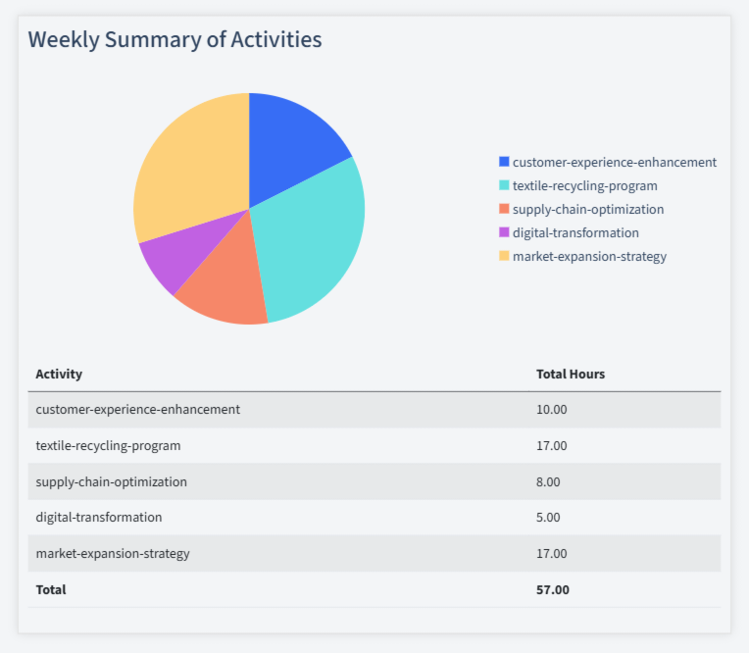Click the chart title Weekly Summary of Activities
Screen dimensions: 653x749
coord(175,40)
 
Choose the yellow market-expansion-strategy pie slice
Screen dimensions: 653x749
coord(186,167)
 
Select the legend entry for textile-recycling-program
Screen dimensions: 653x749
coord(584,186)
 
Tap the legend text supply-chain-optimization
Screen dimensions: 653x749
coord(587,210)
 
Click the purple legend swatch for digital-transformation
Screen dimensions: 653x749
coord(504,233)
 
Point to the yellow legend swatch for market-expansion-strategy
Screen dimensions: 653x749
coord(504,257)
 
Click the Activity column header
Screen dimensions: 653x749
coord(59,375)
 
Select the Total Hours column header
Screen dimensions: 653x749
coord(571,375)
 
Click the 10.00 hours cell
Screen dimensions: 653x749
coord(551,410)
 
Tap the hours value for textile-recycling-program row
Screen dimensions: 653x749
coord(551,446)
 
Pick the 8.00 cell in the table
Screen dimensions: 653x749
coord(548,482)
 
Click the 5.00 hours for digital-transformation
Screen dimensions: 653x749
coord(548,518)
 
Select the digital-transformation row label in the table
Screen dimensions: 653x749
coord(99,518)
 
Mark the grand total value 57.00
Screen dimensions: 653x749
coord(552,590)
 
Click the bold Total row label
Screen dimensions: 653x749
coord(51,590)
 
